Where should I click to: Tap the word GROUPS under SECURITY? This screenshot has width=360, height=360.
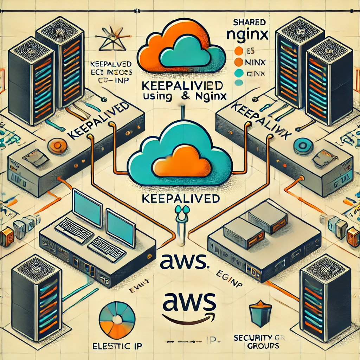262,346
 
